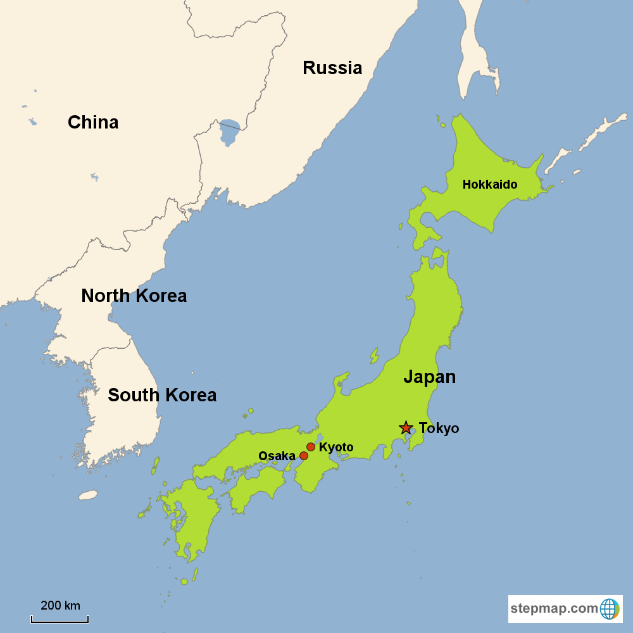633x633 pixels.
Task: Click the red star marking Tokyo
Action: pyautogui.click(x=405, y=428)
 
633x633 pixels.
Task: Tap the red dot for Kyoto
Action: pyautogui.click(x=311, y=447)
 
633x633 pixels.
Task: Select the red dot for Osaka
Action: pyautogui.click(x=304, y=456)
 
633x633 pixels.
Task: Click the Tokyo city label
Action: pyautogui.click(x=439, y=429)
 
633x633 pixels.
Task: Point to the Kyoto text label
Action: pyautogui.click(x=336, y=448)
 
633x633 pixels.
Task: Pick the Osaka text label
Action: pyautogui.click(x=277, y=456)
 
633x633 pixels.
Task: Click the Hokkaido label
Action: pyautogui.click(x=490, y=185)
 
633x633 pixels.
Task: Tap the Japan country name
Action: pyautogui.click(x=429, y=377)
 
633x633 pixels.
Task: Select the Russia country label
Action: pyautogui.click(x=332, y=68)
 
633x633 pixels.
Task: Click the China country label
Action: pyautogui.click(x=93, y=122)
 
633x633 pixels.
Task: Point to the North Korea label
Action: pyautogui.click(x=134, y=296)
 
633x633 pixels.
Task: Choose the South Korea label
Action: pyautogui.click(x=162, y=395)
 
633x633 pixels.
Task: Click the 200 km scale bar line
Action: pyautogui.click(x=60, y=620)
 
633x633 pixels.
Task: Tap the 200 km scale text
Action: pyautogui.click(x=60, y=606)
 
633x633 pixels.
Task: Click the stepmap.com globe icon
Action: pyautogui.click(x=610, y=609)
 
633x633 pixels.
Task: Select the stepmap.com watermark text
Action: pyautogui.click(x=554, y=609)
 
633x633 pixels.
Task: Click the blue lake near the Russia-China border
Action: pyautogui.click(x=228, y=132)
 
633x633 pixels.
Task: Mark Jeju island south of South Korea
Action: pyautogui.click(x=88, y=494)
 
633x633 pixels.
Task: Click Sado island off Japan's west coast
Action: pyautogui.click(x=374, y=356)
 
